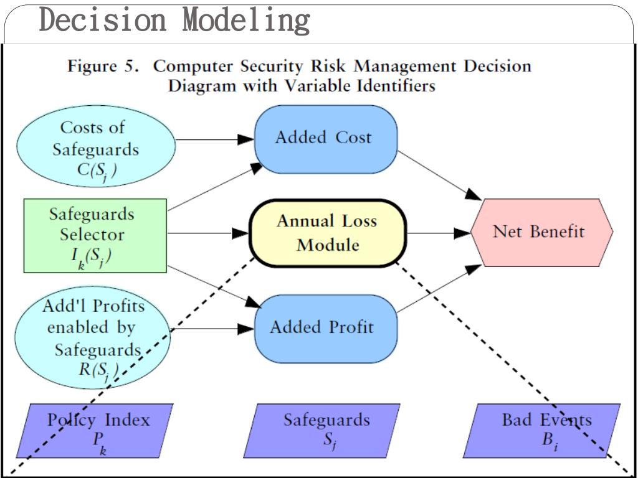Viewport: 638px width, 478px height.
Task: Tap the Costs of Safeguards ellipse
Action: coord(95,146)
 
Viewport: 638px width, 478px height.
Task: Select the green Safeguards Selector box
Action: coord(95,236)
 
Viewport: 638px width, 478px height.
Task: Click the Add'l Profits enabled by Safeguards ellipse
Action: coord(93,339)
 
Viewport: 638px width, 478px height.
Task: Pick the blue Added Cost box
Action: coord(326,139)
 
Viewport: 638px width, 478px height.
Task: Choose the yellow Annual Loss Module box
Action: coord(328,233)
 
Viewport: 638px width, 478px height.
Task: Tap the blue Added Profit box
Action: coord(326,329)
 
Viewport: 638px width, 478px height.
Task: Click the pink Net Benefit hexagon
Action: coord(541,233)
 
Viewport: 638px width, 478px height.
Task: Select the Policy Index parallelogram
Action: coord(95,431)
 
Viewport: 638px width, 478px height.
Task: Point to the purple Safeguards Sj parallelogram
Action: coord(322,431)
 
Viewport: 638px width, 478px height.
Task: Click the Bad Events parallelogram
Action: coord(542,431)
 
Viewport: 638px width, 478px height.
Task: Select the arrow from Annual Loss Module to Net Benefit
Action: coord(439,233)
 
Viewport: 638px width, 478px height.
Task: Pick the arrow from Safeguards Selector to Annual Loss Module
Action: coord(208,233)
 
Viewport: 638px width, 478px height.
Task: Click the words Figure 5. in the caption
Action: coord(104,66)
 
